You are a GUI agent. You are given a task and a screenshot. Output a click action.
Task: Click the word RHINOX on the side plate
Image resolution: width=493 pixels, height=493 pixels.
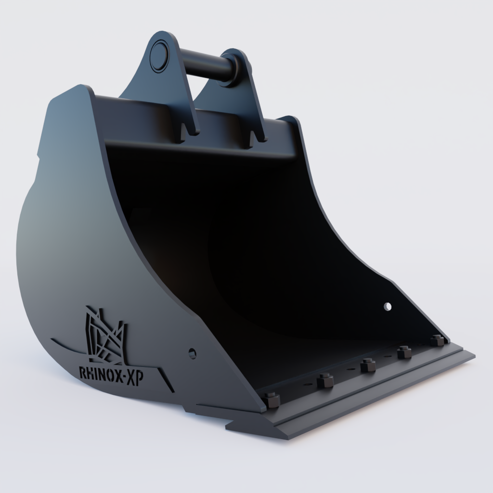tap(99, 373)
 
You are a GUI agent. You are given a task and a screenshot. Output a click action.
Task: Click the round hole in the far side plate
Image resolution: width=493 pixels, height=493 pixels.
tap(388, 306)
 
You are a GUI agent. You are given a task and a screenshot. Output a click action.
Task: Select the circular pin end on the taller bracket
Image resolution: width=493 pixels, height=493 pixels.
tap(158, 54)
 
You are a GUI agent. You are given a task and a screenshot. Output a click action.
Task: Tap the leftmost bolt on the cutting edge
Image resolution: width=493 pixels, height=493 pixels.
tap(272, 400)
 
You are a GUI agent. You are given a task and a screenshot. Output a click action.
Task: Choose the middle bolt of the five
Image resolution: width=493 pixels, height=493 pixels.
tap(368, 364)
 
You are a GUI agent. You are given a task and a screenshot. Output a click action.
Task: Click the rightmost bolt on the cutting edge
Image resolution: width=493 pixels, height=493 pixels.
tap(437, 340)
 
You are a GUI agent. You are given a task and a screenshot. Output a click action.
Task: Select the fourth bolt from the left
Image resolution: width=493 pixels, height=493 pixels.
tap(404, 352)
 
